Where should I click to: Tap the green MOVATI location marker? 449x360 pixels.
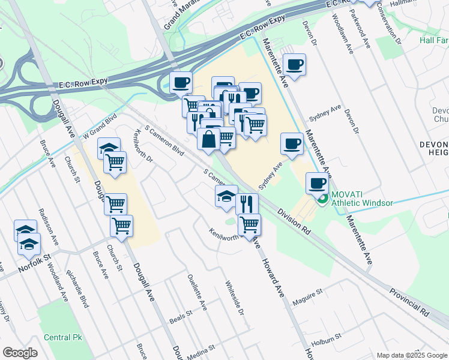(x=323, y=198)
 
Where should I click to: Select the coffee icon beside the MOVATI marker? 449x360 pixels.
(x=317, y=182)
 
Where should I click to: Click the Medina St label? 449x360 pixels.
(x=200, y=352)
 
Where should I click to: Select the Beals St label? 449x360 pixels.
(x=181, y=313)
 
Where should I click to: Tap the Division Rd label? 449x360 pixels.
(x=294, y=221)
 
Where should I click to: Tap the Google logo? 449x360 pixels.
(x=20, y=353)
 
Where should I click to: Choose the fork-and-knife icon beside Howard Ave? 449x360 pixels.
(x=247, y=203)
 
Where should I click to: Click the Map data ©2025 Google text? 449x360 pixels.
(x=411, y=355)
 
